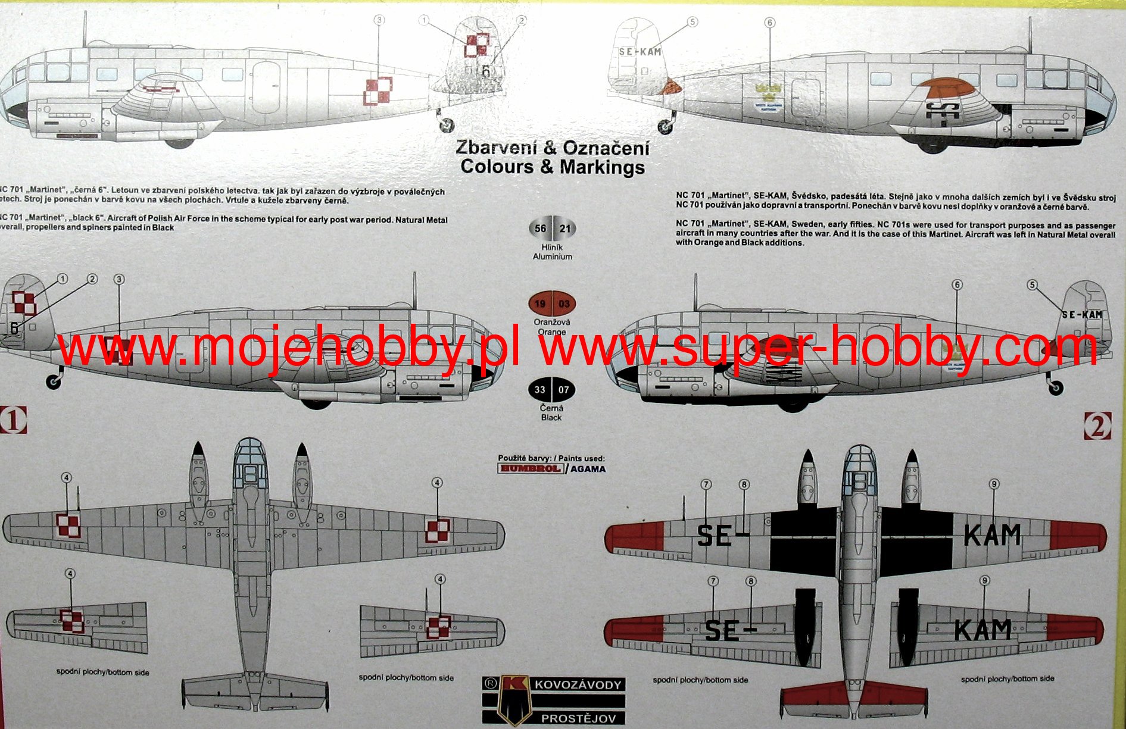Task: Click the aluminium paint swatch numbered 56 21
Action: click(552, 229)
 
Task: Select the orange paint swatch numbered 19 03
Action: click(552, 304)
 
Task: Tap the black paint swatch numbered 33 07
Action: click(551, 390)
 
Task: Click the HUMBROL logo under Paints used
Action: click(530, 468)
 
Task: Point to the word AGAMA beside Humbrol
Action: click(588, 469)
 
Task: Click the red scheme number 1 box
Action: click(13, 420)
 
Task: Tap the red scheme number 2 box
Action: click(1098, 425)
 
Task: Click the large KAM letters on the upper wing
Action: click(991, 535)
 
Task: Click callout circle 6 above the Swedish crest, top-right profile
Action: click(770, 23)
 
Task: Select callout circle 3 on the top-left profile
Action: click(379, 20)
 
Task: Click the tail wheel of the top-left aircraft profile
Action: click(446, 125)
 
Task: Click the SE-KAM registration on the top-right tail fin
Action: click(640, 52)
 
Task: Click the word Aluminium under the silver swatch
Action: click(552, 256)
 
